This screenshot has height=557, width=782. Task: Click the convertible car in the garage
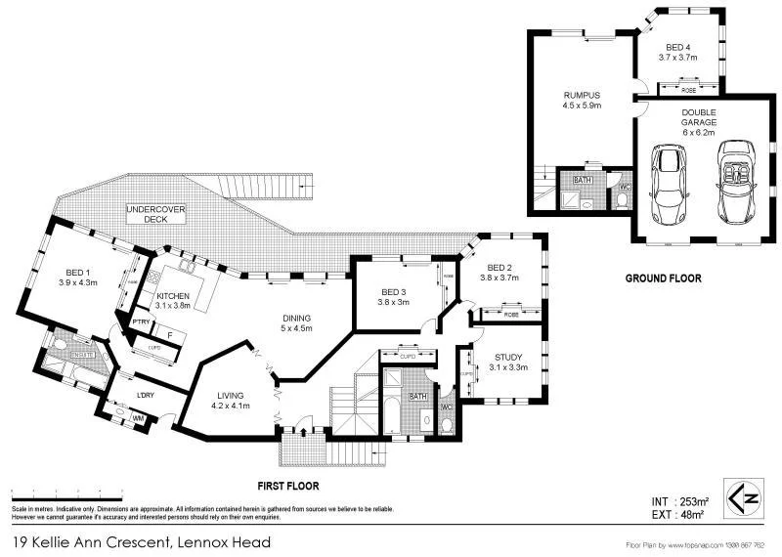pos(734,183)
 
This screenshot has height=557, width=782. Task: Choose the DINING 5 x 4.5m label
pos(296,323)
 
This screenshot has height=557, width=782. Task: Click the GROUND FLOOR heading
pos(663,278)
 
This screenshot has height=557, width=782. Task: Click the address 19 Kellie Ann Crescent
pos(142,541)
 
